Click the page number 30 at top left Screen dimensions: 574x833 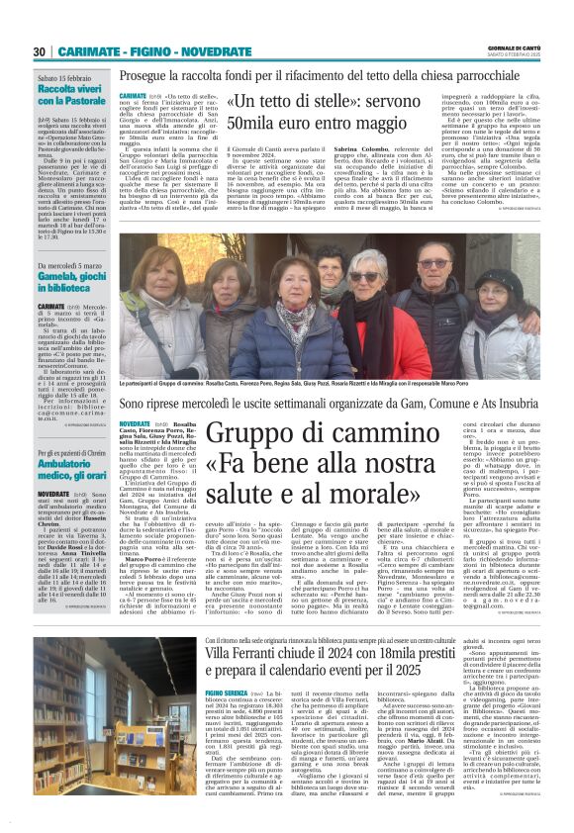[x=40, y=51]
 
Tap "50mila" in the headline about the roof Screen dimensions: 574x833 [x=251, y=126]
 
